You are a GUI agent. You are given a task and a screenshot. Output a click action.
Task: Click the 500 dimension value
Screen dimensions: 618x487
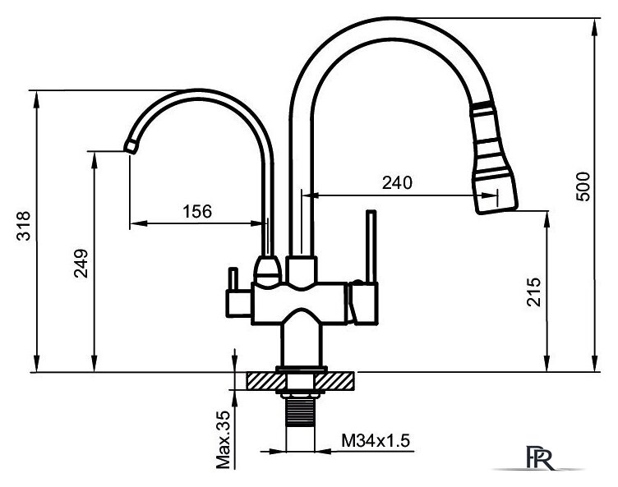pyautogui.click(x=583, y=186)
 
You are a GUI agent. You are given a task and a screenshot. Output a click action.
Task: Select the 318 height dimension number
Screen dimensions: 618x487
pyautogui.click(x=23, y=226)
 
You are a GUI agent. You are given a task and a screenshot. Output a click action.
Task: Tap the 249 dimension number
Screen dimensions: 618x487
pyautogui.click(x=81, y=263)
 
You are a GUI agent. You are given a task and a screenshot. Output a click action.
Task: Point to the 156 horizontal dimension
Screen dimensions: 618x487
pyautogui.click(x=197, y=212)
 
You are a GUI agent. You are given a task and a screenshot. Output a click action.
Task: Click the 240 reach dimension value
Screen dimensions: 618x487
pyautogui.click(x=397, y=182)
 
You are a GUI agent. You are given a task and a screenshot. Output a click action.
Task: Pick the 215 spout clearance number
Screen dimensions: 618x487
pyautogui.click(x=534, y=292)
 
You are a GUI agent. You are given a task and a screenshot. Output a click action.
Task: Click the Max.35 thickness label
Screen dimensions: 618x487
pyautogui.click(x=223, y=439)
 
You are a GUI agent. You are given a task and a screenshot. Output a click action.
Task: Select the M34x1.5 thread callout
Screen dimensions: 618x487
pyautogui.click(x=376, y=440)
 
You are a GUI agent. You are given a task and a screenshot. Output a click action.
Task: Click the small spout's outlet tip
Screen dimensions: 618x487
pyautogui.click(x=131, y=147)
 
